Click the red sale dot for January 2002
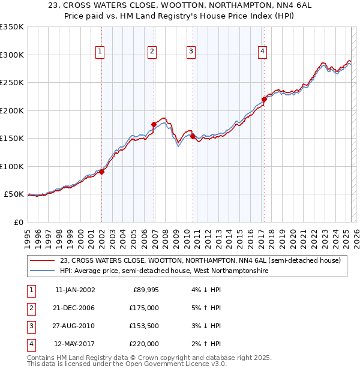(x=102, y=172)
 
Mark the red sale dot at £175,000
(x=154, y=124)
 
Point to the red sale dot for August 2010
(x=193, y=136)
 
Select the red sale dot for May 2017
(x=264, y=99)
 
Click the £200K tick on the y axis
(x=12, y=110)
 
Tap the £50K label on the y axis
(x=14, y=194)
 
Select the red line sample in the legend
(x=43, y=260)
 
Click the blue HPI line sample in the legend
(x=43, y=271)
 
